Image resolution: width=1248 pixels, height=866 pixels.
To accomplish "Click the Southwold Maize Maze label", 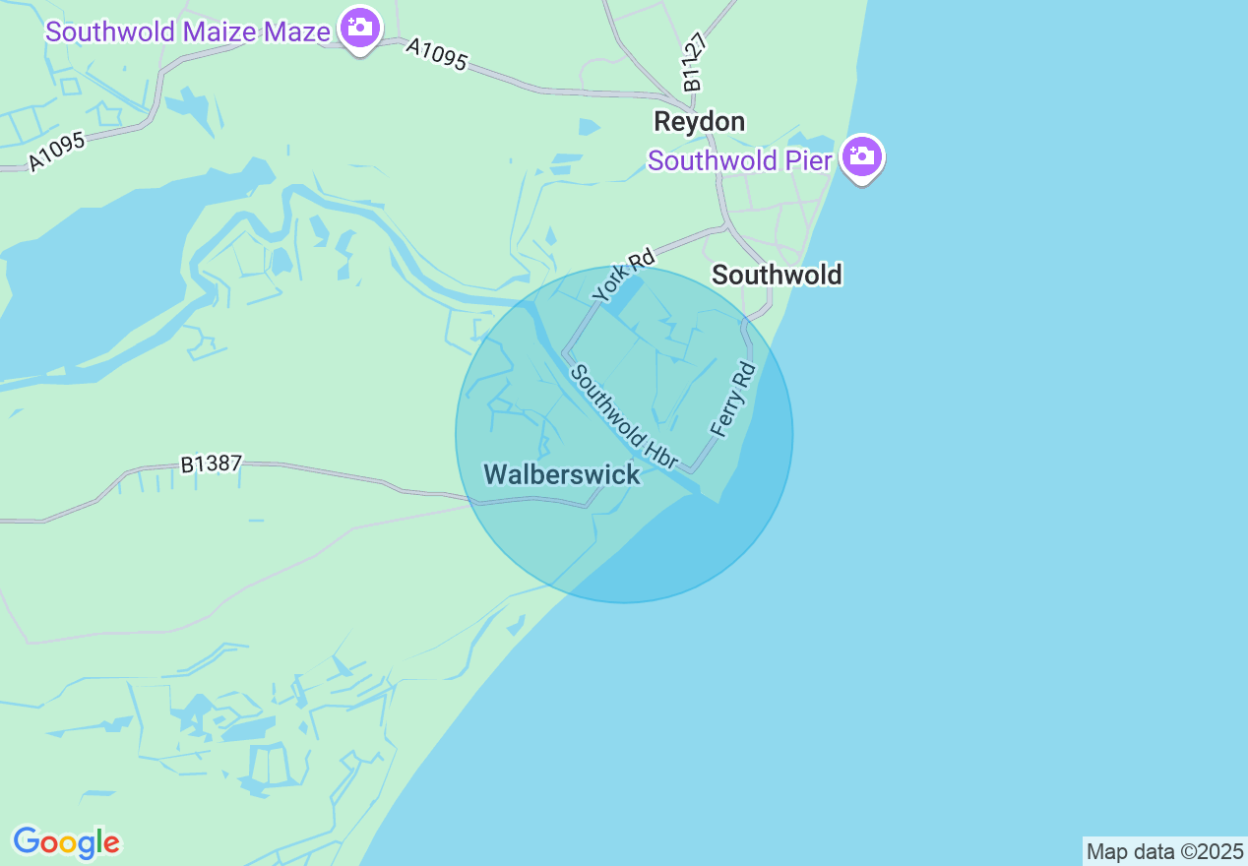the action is (x=187, y=31).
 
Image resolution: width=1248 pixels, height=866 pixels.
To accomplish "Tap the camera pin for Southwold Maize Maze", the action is (x=360, y=28).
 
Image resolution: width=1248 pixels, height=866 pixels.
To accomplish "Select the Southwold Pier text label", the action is (x=739, y=160).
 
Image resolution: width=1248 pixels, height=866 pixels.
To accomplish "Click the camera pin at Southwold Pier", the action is (x=862, y=156).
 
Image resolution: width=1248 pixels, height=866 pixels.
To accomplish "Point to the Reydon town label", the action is (x=700, y=122).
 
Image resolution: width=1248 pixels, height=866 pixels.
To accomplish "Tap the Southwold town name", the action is (x=777, y=275).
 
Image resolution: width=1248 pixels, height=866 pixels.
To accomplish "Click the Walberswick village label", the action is (x=562, y=474).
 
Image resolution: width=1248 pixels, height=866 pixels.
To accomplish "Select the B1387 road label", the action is (x=211, y=464).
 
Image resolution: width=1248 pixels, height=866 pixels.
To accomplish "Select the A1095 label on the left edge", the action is (x=57, y=151).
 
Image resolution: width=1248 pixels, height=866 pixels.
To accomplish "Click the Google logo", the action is (x=66, y=842).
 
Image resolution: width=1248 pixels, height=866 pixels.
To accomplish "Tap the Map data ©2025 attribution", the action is (x=1164, y=851).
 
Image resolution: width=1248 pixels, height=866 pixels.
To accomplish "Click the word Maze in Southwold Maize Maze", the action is (x=296, y=31).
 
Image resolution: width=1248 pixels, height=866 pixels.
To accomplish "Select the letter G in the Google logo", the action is (x=28, y=841).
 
